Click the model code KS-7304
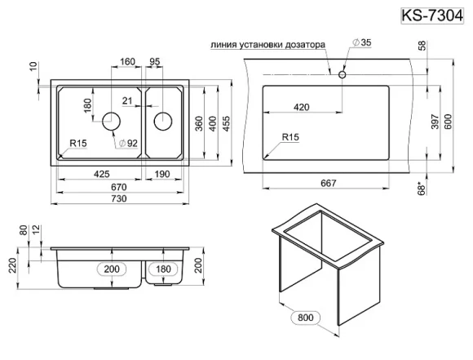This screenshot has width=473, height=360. click(x=436, y=14)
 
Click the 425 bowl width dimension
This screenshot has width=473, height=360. click(x=101, y=174)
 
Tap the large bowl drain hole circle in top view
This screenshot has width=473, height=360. click(x=112, y=122)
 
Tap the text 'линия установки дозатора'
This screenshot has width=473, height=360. click(x=267, y=45)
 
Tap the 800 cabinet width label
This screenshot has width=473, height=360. click(x=307, y=317)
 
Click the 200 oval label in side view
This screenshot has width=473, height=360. click(x=112, y=269)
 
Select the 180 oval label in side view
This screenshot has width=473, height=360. click(x=163, y=269)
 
